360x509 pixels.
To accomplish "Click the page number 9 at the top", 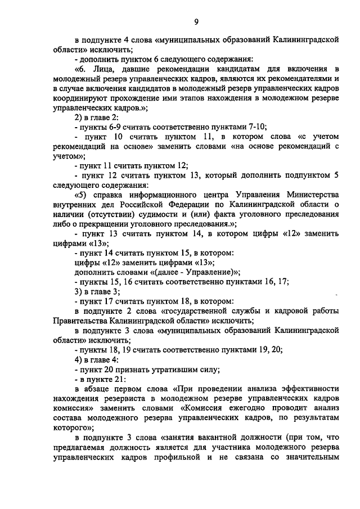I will (196, 22).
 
